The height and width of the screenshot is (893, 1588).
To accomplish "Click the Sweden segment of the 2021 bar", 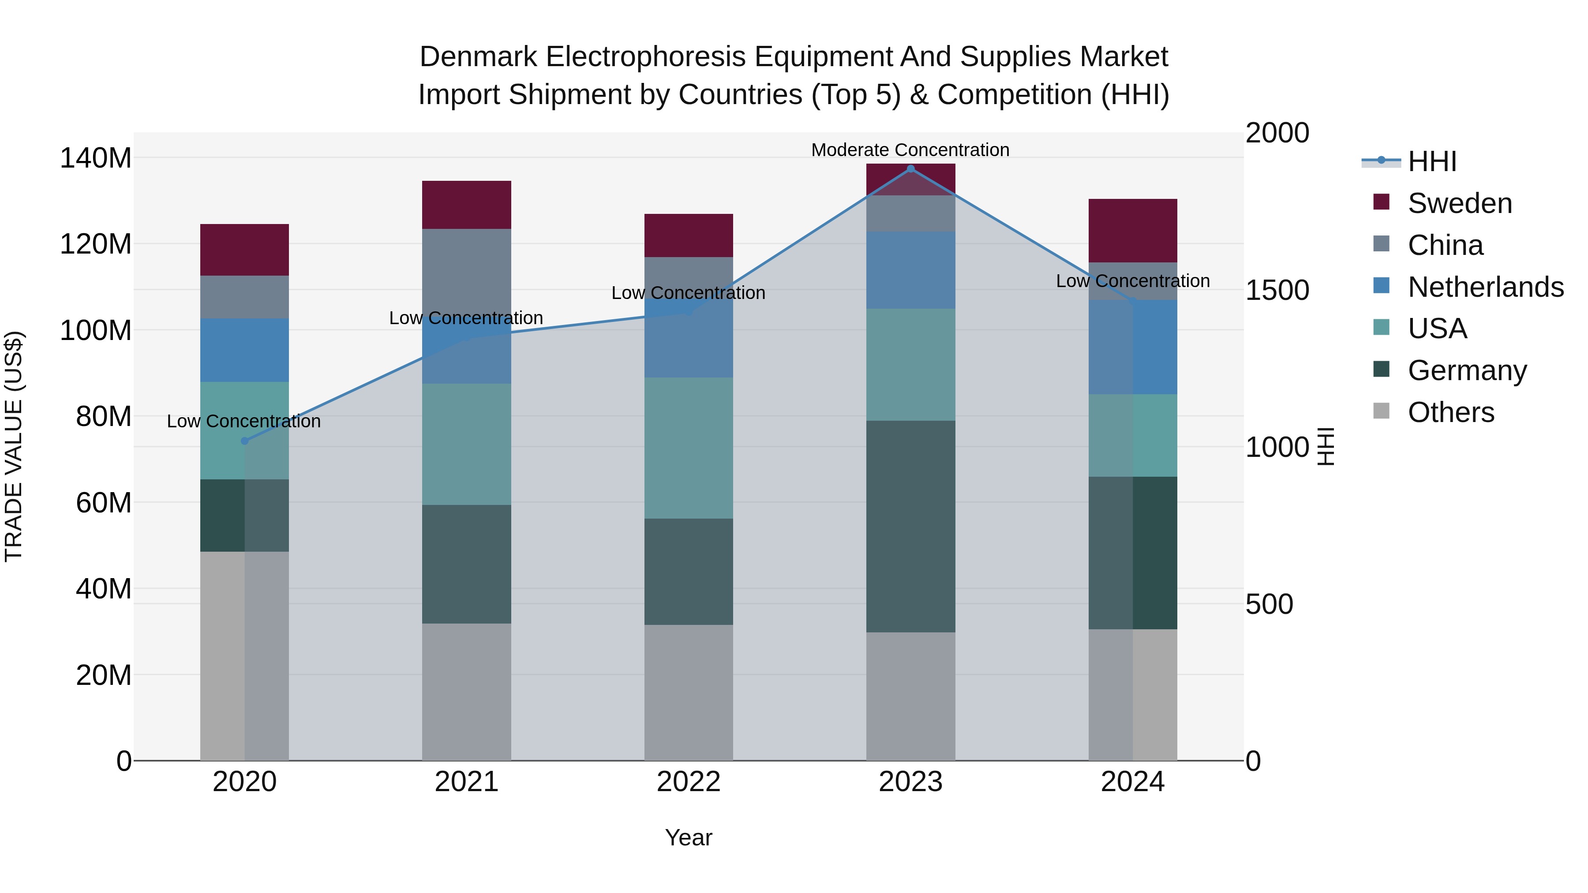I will click(x=466, y=205).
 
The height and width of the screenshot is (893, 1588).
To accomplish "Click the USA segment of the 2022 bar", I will click(x=688, y=448).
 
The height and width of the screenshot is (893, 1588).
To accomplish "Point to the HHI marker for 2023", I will click(x=910, y=169).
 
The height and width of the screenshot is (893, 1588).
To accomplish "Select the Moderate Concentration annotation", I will click(x=910, y=150).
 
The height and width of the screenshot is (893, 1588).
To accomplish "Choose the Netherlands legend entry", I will click(x=1485, y=287).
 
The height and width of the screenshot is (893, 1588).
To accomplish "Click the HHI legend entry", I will click(x=1431, y=161).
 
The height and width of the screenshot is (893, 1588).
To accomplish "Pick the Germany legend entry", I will click(x=1467, y=370).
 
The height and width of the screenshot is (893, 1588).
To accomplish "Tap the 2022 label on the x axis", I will click(x=688, y=782).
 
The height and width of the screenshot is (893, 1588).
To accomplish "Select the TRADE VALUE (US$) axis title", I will click(x=14, y=446).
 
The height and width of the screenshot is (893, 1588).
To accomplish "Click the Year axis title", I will click(x=688, y=837).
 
